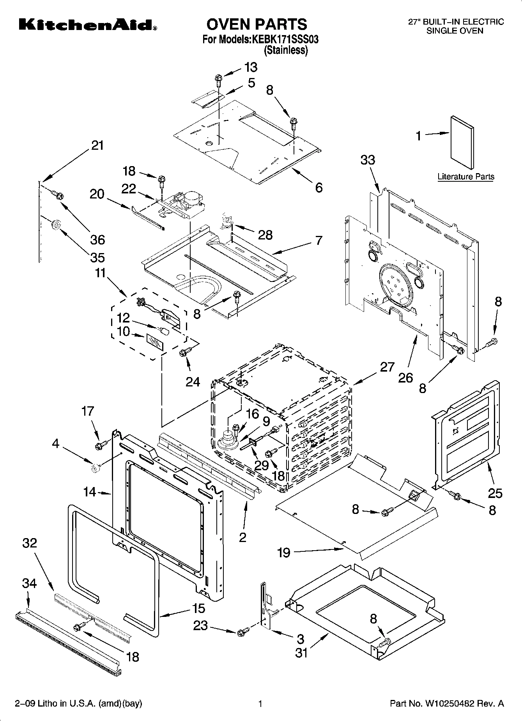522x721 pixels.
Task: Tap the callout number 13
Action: (x=251, y=67)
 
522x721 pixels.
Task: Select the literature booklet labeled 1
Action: (x=463, y=143)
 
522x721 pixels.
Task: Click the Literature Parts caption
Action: (x=465, y=177)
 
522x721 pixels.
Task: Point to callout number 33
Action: (x=368, y=160)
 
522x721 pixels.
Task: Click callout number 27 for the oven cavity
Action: (x=387, y=367)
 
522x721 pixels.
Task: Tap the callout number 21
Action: (x=97, y=145)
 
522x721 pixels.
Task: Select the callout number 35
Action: (x=97, y=257)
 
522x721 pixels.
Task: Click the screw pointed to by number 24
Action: (x=183, y=352)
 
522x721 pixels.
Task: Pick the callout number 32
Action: (x=30, y=543)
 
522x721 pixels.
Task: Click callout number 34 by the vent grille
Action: (x=29, y=583)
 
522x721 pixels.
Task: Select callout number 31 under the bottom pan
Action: (x=301, y=652)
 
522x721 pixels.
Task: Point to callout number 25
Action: (x=495, y=493)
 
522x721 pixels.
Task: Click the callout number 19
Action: (x=284, y=553)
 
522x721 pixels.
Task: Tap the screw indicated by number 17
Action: (x=99, y=444)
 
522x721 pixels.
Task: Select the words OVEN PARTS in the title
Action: (x=257, y=24)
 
